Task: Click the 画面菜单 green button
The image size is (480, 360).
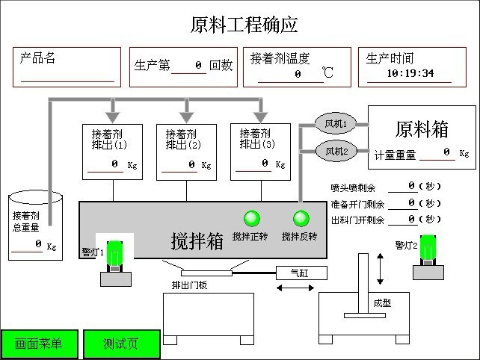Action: point(38,344)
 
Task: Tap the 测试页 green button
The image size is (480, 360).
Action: point(121,344)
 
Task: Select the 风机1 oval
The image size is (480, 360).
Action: point(335,123)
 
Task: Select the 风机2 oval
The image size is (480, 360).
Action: point(335,152)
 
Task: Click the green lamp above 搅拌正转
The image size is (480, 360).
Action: point(251,218)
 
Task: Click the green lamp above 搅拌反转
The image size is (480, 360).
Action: point(301,218)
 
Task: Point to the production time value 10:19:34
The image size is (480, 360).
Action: point(410,74)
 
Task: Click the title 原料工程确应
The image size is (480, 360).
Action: point(244,25)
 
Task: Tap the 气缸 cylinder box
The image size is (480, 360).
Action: point(298,273)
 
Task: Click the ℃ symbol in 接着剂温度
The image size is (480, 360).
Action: point(327,73)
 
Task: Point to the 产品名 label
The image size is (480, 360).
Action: point(38,58)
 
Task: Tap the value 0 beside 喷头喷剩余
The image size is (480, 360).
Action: point(412,185)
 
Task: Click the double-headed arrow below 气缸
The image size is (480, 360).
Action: point(295,288)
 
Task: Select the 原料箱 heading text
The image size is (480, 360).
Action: point(422,128)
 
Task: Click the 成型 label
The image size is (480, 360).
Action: point(382,303)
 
